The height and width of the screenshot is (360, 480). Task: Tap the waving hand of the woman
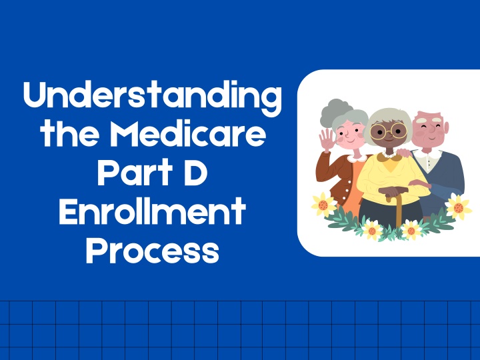[327, 139]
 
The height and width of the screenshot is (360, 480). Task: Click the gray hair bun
[335, 111]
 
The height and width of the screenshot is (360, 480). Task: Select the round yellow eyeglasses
[389, 131]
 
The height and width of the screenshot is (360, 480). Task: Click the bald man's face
[430, 131]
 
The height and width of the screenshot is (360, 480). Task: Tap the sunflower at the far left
[323, 205]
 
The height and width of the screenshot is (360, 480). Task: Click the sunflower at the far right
[458, 207]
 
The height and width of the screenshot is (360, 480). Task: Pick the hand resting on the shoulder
[403, 152]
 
